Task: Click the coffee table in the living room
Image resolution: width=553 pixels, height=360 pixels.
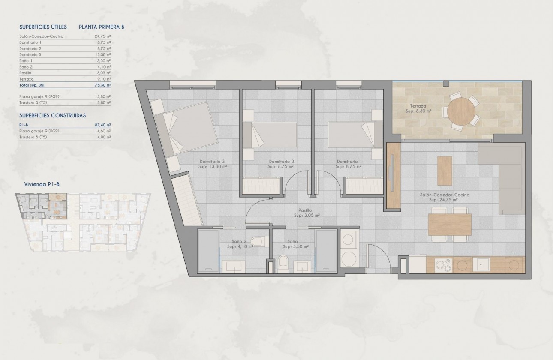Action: (445, 170)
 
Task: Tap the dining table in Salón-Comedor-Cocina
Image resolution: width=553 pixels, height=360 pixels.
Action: (449, 224)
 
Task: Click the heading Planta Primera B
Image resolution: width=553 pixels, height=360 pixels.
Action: (102, 27)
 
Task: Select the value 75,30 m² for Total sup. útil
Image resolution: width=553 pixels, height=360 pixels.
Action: (102, 85)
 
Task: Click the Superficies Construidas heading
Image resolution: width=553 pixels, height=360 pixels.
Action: (53, 115)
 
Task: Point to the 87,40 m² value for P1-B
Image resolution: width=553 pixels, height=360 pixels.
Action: (102, 125)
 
